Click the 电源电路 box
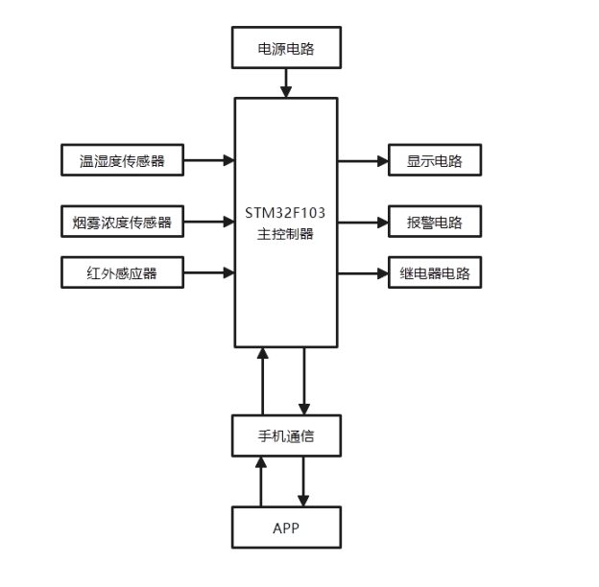(286, 48)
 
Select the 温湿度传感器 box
(122, 160)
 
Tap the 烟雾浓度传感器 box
(122, 223)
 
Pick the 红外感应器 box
(122, 273)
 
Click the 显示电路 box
(434, 160)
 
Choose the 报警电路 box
(434, 223)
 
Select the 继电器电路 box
(434, 273)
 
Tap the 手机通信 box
(286, 436)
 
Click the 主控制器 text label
(286, 234)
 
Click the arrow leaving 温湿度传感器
(209, 160)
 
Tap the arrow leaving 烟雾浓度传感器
(209, 223)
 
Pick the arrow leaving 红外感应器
(209, 273)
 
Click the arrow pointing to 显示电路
(363, 160)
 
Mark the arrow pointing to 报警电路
(363, 223)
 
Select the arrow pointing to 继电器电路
(363, 273)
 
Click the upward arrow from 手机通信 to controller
(262, 382)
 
